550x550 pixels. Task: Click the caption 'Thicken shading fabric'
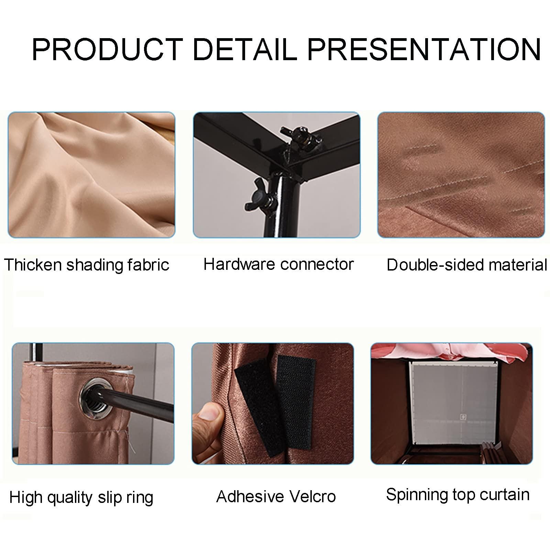pyautogui.click(x=87, y=265)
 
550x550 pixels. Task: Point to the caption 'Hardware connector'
pyautogui.click(x=278, y=264)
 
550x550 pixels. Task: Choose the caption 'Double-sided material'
pyautogui.click(x=466, y=265)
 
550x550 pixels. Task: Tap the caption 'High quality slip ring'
pyautogui.click(x=81, y=497)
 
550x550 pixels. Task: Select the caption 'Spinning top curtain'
pyautogui.click(x=458, y=495)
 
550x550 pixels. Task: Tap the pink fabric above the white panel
pyautogui.click(x=447, y=351)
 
